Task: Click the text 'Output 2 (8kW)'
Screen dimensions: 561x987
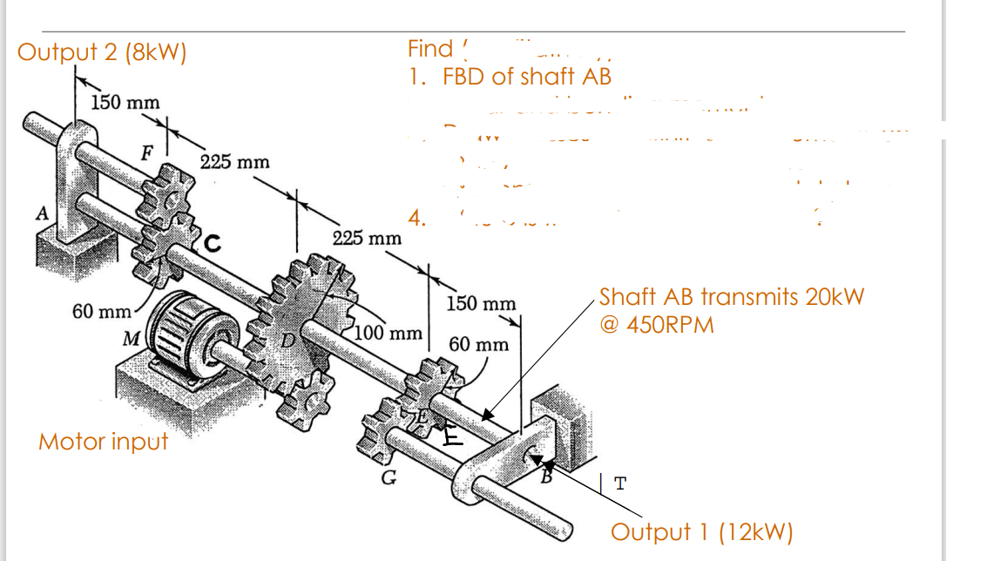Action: (x=102, y=52)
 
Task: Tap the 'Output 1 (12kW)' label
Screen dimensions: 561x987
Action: (x=701, y=531)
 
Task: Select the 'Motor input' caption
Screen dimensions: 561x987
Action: (x=103, y=442)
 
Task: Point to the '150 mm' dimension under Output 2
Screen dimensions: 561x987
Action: (x=126, y=103)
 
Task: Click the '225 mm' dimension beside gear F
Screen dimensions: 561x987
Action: (x=234, y=162)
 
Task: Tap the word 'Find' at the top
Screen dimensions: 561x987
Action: (x=430, y=49)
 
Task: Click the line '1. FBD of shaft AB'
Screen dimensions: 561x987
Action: (x=510, y=77)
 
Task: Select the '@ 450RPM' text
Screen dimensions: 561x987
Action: (x=657, y=325)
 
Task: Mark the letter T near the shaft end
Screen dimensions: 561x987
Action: (x=619, y=483)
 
